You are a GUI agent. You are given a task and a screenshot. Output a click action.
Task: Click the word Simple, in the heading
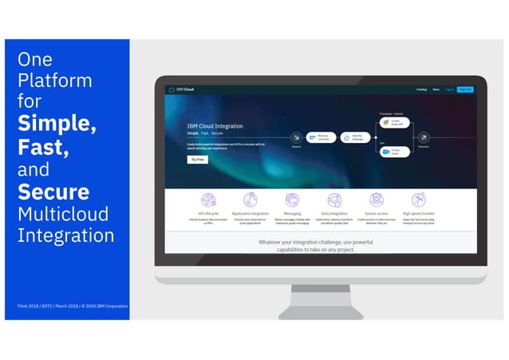coord(57,125)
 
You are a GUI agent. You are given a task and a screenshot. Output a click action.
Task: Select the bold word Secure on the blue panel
coord(53,192)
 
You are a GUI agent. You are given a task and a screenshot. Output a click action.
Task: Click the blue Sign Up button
coord(465,89)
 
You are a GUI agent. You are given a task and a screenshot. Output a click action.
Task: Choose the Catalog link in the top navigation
coord(421,89)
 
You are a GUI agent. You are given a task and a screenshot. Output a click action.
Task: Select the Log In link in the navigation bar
coord(449,89)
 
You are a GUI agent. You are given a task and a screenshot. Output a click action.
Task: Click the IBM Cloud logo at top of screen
coord(181,89)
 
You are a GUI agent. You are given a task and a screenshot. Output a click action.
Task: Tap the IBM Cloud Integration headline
coord(215,126)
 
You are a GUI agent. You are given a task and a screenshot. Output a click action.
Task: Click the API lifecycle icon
coord(208,200)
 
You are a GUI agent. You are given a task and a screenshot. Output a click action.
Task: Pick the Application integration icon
coord(251,200)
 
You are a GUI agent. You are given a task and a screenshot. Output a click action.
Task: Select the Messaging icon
coord(293,200)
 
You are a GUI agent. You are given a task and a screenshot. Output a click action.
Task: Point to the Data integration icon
coord(334,200)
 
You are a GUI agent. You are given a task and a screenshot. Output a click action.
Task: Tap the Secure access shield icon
coord(377,200)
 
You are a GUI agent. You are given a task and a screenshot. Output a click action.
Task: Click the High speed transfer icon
coord(419,200)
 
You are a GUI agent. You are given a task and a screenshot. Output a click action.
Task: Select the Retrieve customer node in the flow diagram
coord(322,136)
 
